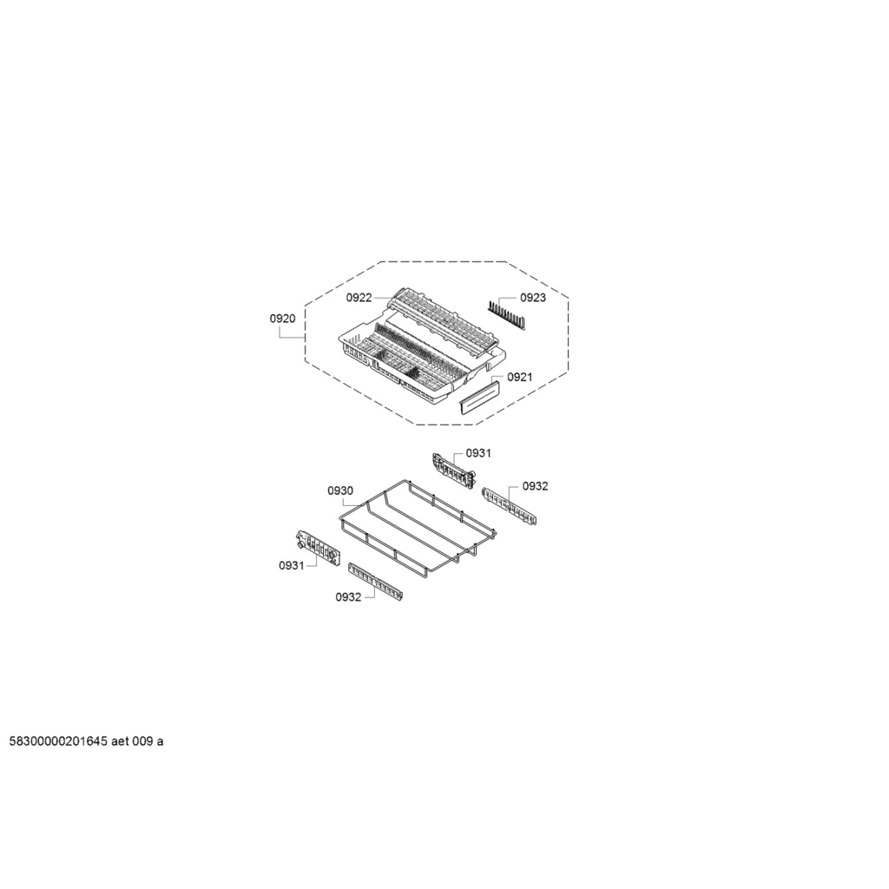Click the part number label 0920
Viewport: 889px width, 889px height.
coord(282,319)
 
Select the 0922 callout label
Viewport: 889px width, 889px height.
coord(359,298)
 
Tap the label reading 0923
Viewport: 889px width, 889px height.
coord(533,298)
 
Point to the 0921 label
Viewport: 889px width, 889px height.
coord(520,377)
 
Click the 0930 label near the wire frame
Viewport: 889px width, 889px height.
coord(340,491)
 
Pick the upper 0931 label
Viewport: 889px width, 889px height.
coord(478,453)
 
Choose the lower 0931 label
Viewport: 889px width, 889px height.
coord(292,565)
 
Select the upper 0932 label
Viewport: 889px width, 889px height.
coord(535,486)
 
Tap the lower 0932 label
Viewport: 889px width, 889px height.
coord(348,597)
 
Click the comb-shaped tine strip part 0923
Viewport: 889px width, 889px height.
coord(506,315)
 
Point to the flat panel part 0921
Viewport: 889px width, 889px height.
coord(478,398)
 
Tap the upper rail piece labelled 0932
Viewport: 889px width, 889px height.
coord(509,506)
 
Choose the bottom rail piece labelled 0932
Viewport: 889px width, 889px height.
coord(375,581)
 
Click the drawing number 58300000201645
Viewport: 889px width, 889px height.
coord(58,741)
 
